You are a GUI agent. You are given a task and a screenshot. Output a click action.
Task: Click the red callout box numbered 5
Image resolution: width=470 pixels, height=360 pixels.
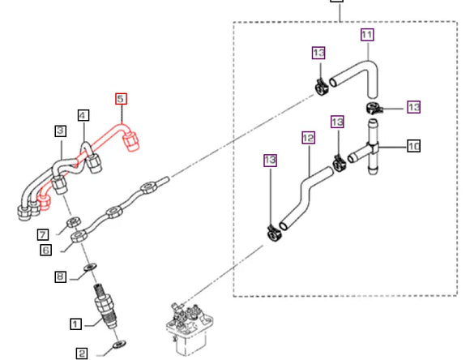(x=121, y=99)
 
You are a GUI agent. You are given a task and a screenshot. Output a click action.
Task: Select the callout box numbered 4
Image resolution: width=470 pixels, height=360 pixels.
(x=83, y=115)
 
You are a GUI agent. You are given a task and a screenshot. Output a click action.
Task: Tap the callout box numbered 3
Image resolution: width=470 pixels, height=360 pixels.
(x=61, y=131)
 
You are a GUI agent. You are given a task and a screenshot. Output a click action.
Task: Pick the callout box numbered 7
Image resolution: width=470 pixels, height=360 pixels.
(x=43, y=234)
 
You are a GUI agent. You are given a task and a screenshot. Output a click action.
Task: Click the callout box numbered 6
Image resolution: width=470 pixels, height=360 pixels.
(x=46, y=250)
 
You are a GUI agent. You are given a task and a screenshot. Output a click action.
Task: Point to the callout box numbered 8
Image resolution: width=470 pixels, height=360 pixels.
(x=60, y=276)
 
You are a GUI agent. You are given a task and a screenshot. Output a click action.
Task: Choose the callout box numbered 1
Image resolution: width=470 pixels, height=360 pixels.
(x=75, y=324)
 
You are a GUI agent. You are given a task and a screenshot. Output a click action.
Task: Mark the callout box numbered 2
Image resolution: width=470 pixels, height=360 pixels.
(x=82, y=353)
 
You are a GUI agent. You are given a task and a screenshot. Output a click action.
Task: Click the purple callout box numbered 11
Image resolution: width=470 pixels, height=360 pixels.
(x=367, y=35)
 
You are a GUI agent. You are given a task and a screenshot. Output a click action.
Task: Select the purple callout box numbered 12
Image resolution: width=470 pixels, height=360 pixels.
(x=309, y=138)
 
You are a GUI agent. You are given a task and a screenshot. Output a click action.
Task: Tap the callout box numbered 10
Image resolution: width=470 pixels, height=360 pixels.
(x=413, y=146)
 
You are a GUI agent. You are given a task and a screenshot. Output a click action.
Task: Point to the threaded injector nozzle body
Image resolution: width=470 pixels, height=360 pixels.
(x=105, y=306)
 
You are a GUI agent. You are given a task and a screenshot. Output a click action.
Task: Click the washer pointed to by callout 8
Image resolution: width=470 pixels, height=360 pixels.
(x=91, y=266)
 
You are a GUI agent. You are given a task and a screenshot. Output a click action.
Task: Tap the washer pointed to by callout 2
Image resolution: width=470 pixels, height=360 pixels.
(x=119, y=345)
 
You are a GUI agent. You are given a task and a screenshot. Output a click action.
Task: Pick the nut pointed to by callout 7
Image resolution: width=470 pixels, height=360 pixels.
(x=73, y=222)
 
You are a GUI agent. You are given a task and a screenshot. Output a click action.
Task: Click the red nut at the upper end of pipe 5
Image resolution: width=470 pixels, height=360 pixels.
(x=131, y=141)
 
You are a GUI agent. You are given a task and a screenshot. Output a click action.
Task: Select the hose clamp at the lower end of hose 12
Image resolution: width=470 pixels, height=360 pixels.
(x=273, y=233)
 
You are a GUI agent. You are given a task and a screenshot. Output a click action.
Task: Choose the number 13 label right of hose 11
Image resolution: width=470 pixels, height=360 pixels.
(x=413, y=107)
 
